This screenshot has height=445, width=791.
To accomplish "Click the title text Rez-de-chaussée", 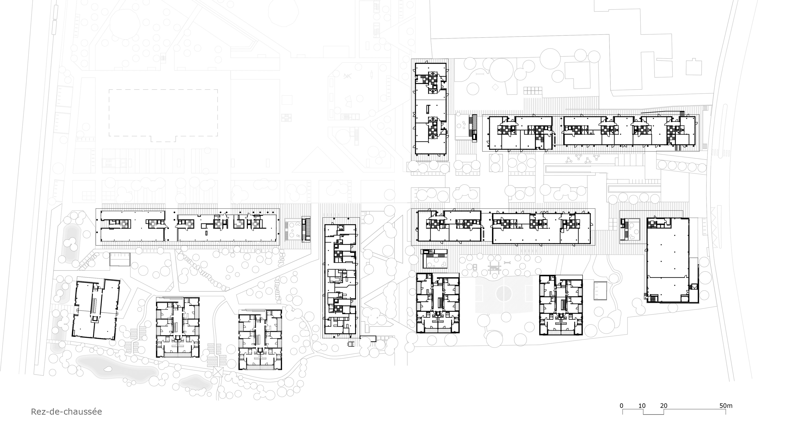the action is [x=66, y=412].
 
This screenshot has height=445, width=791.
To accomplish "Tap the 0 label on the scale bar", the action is [x=622, y=406].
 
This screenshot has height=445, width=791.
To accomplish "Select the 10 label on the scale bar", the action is [x=642, y=406].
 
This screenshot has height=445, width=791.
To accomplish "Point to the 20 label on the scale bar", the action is [x=664, y=406].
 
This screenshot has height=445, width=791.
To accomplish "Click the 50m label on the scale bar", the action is [x=726, y=406].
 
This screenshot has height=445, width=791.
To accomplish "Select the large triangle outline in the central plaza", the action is [x=317, y=160].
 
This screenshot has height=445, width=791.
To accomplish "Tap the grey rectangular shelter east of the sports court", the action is [x=600, y=290].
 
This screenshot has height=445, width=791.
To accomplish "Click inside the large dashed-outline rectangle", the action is [x=163, y=112].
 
